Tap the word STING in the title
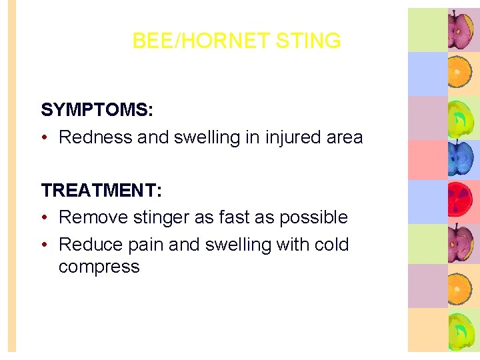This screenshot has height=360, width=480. [308, 41]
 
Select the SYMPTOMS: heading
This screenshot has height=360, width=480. [97, 110]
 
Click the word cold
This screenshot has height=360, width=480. [331, 245]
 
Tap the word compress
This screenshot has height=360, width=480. [99, 267]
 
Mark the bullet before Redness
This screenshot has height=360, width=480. [45, 137]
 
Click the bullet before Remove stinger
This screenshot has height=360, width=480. [45, 217]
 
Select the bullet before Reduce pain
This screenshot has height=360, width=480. [45, 245]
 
